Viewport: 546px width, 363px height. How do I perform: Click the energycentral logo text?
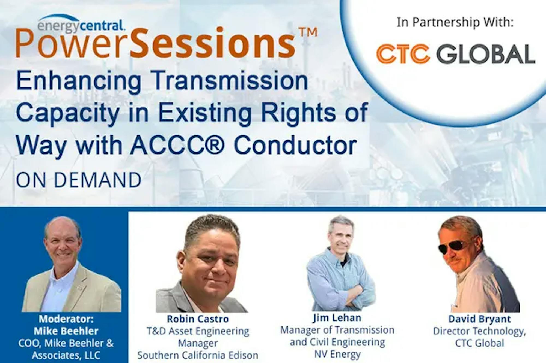point(81,25)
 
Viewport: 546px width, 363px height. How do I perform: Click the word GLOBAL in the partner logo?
point(486,54)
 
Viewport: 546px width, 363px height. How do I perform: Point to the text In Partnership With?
point(455,22)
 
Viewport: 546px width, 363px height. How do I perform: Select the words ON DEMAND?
point(79,180)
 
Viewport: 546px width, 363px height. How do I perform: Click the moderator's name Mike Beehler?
point(66,331)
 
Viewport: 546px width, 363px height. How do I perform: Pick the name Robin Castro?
point(198,319)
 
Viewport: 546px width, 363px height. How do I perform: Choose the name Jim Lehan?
point(337,318)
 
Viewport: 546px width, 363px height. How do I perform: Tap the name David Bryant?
point(479,319)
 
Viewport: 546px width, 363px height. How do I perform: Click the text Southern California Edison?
point(198,355)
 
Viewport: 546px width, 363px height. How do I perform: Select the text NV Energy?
point(337,354)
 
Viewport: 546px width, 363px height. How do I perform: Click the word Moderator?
point(66,319)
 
